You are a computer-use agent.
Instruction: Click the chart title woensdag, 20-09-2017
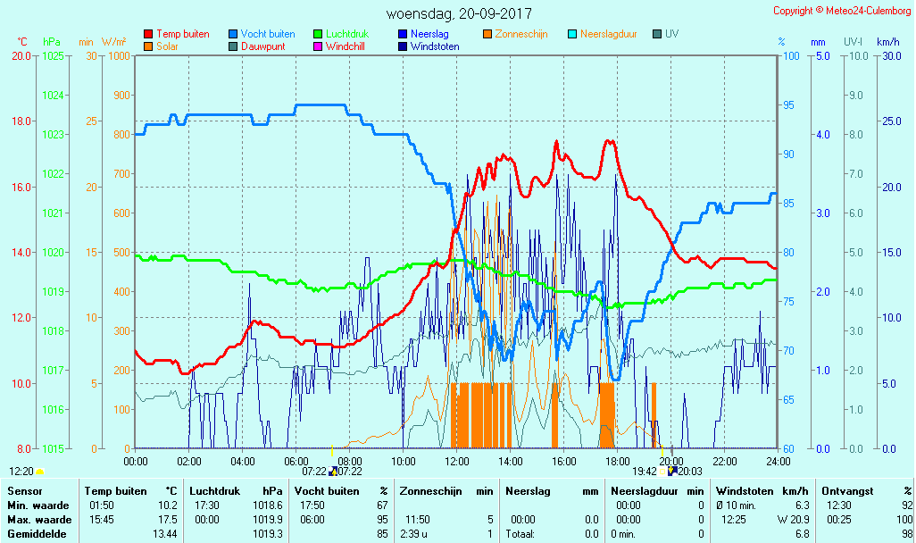[x=458, y=14]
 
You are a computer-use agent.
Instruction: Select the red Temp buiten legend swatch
[x=148, y=34]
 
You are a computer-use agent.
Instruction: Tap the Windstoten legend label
[x=435, y=46]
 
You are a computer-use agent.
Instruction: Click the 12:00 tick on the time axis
[x=457, y=461]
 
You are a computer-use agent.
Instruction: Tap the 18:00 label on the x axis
[x=618, y=461]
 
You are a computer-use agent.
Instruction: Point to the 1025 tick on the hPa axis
[x=53, y=56]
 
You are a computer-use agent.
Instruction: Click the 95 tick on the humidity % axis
[x=788, y=105]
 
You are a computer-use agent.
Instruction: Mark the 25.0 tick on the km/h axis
[x=889, y=121]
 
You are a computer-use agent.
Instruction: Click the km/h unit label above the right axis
[x=887, y=42]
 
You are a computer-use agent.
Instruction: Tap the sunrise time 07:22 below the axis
[x=314, y=472]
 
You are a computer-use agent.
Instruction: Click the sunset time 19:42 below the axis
[x=645, y=472]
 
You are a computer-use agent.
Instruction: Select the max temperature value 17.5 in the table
[x=165, y=520]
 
